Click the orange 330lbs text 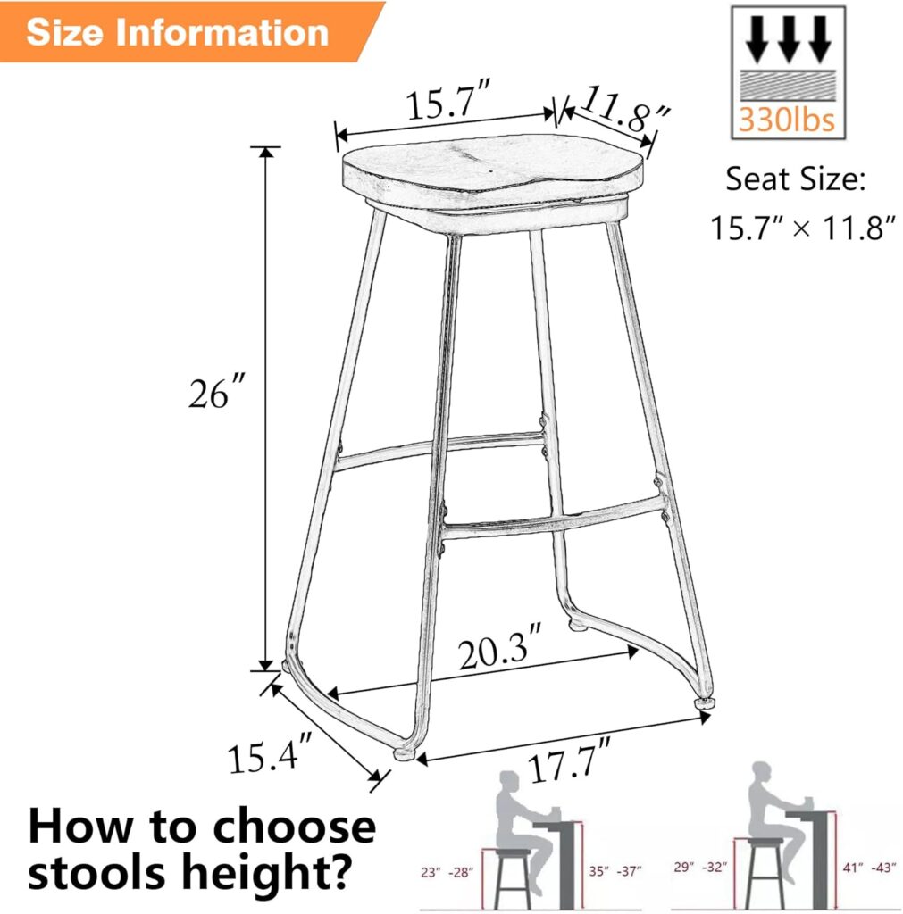[x=786, y=120]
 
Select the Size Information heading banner [x=178, y=32]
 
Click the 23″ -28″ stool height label [x=448, y=871]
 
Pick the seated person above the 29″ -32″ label [x=768, y=808]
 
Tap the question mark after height [x=337, y=876]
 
